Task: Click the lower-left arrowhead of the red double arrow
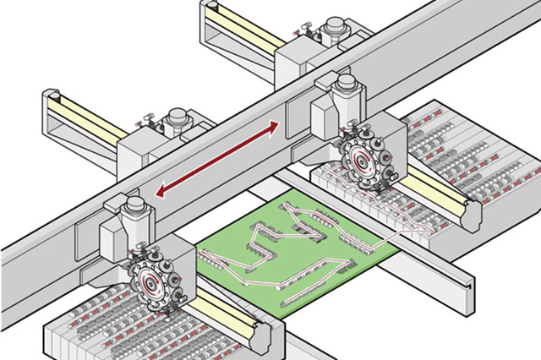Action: [x=162, y=190]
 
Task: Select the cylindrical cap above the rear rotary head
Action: [x=345, y=85]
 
